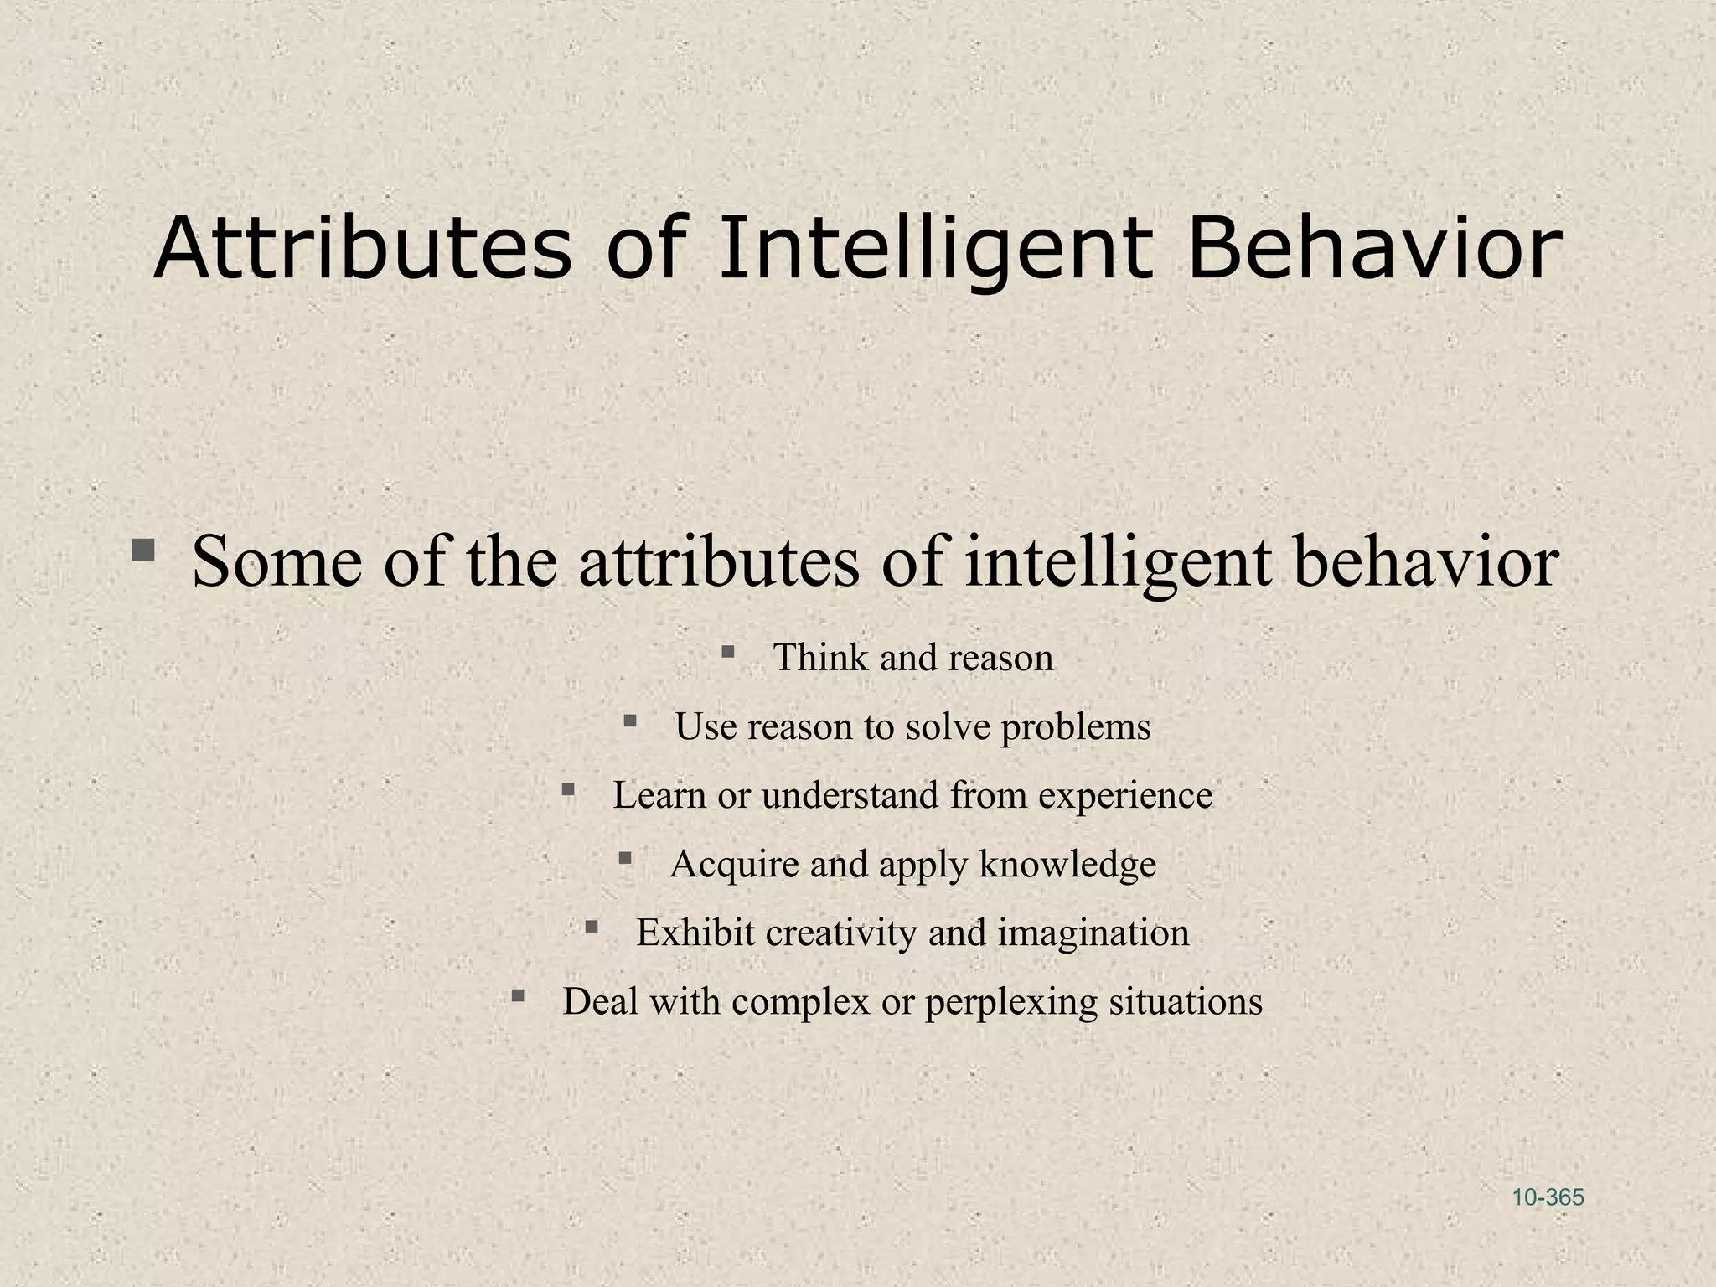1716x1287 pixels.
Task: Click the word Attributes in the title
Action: tap(362, 248)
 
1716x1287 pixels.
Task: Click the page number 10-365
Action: tap(1548, 1197)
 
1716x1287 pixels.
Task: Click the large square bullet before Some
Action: tap(143, 551)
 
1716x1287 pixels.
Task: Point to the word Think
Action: tap(820, 658)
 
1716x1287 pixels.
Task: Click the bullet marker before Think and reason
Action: tap(727, 651)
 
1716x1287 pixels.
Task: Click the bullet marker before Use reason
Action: tap(630, 720)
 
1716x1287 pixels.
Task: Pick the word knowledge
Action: tap(1067, 864)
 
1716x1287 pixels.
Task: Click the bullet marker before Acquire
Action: tap(624, 857)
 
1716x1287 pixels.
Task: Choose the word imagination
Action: tap(1093, 933)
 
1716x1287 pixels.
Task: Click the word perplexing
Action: tap(1010, 1001)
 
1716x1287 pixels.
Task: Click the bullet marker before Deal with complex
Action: tap(518, 995)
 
